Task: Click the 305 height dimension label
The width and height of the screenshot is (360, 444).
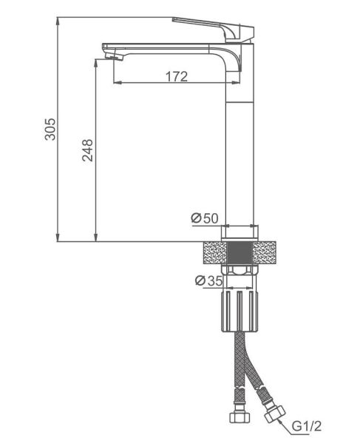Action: [x=51, y=129]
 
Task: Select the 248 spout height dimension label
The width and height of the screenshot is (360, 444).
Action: [x=88, y=150]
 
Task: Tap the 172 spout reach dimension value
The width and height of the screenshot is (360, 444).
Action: [x=177, y=76]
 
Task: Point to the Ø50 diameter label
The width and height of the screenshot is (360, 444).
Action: [x=205, y=218]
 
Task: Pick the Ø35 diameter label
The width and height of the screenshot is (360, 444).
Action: [x=209, y=280]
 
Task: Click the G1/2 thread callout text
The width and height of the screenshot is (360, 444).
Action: [x=307, y=425]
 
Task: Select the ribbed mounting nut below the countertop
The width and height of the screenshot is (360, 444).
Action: [x=240, y=311]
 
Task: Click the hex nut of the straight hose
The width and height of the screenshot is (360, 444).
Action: [x=240, y=417]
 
